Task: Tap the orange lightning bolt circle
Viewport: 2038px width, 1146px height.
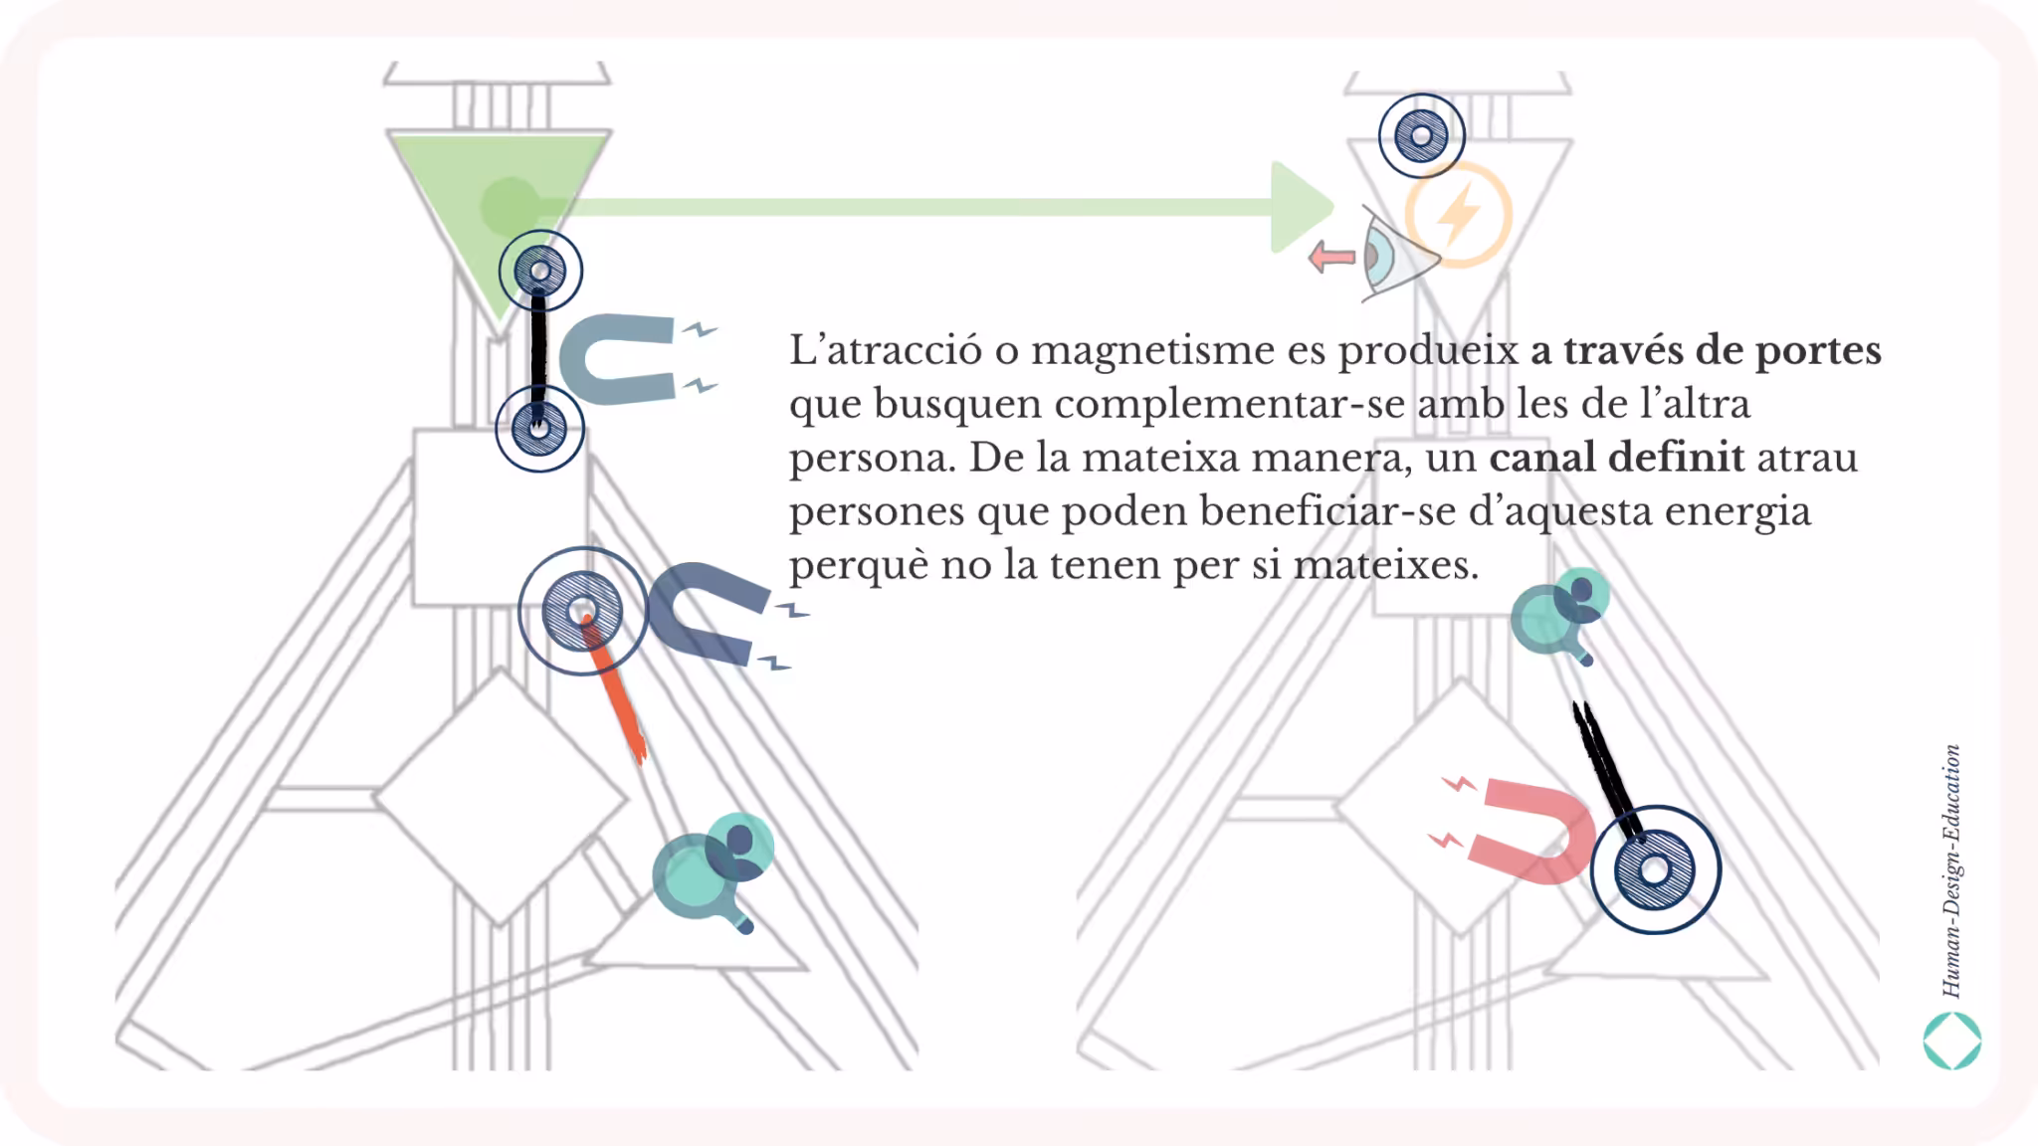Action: click(1458, 215)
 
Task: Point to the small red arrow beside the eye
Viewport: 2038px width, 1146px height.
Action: click(1331, 257)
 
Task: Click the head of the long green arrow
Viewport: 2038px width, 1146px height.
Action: click(1302, 207)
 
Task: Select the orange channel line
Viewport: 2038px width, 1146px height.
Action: click(615, 688)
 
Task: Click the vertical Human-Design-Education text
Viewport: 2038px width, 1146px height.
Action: click(1951, 870)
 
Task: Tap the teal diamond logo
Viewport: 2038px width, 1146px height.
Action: click(1952, 1041)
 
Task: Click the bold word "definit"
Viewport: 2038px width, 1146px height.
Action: click(1677, 457)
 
